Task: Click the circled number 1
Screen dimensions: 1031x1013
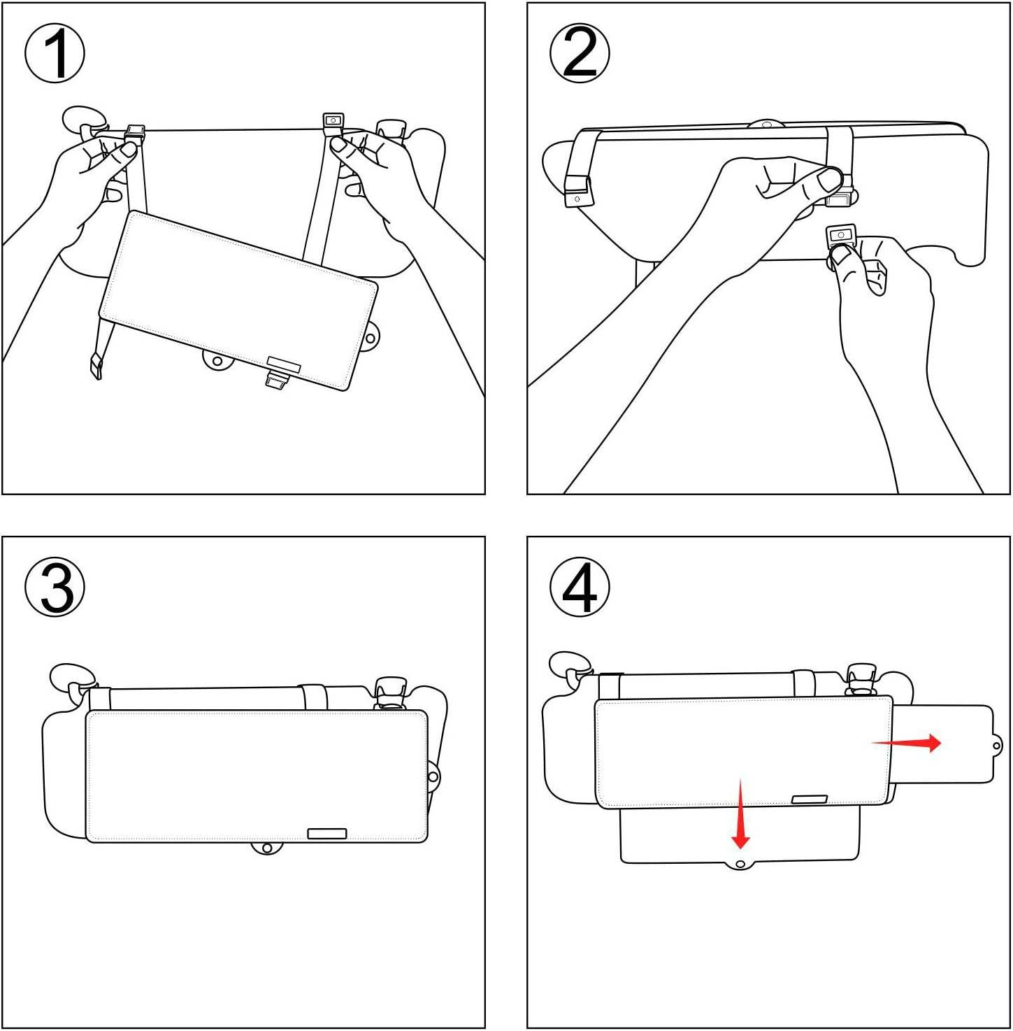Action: pos(55,53)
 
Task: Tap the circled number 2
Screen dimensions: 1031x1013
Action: pos(580,53)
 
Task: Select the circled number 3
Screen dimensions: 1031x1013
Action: pos(55,587)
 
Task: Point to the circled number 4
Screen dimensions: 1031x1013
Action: pos(580,587)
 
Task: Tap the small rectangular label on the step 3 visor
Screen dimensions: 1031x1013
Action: pos(327,833)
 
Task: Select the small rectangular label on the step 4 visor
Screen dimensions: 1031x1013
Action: pos(810,799)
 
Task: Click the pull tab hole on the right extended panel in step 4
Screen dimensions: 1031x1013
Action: pos(997,746)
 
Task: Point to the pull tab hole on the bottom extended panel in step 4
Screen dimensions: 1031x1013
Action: pos(740,865)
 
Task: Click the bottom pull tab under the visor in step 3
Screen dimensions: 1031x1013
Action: pos(266,848)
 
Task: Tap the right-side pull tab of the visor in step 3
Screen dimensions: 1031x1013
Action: pos(433,776)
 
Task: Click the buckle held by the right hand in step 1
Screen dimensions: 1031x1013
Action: pos(333,122)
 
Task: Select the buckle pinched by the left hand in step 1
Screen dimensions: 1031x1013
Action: pos(134,133)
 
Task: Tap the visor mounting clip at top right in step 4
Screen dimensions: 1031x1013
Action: pos(861,678)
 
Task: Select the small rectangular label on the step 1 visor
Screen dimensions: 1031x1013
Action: pos(284,364)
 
